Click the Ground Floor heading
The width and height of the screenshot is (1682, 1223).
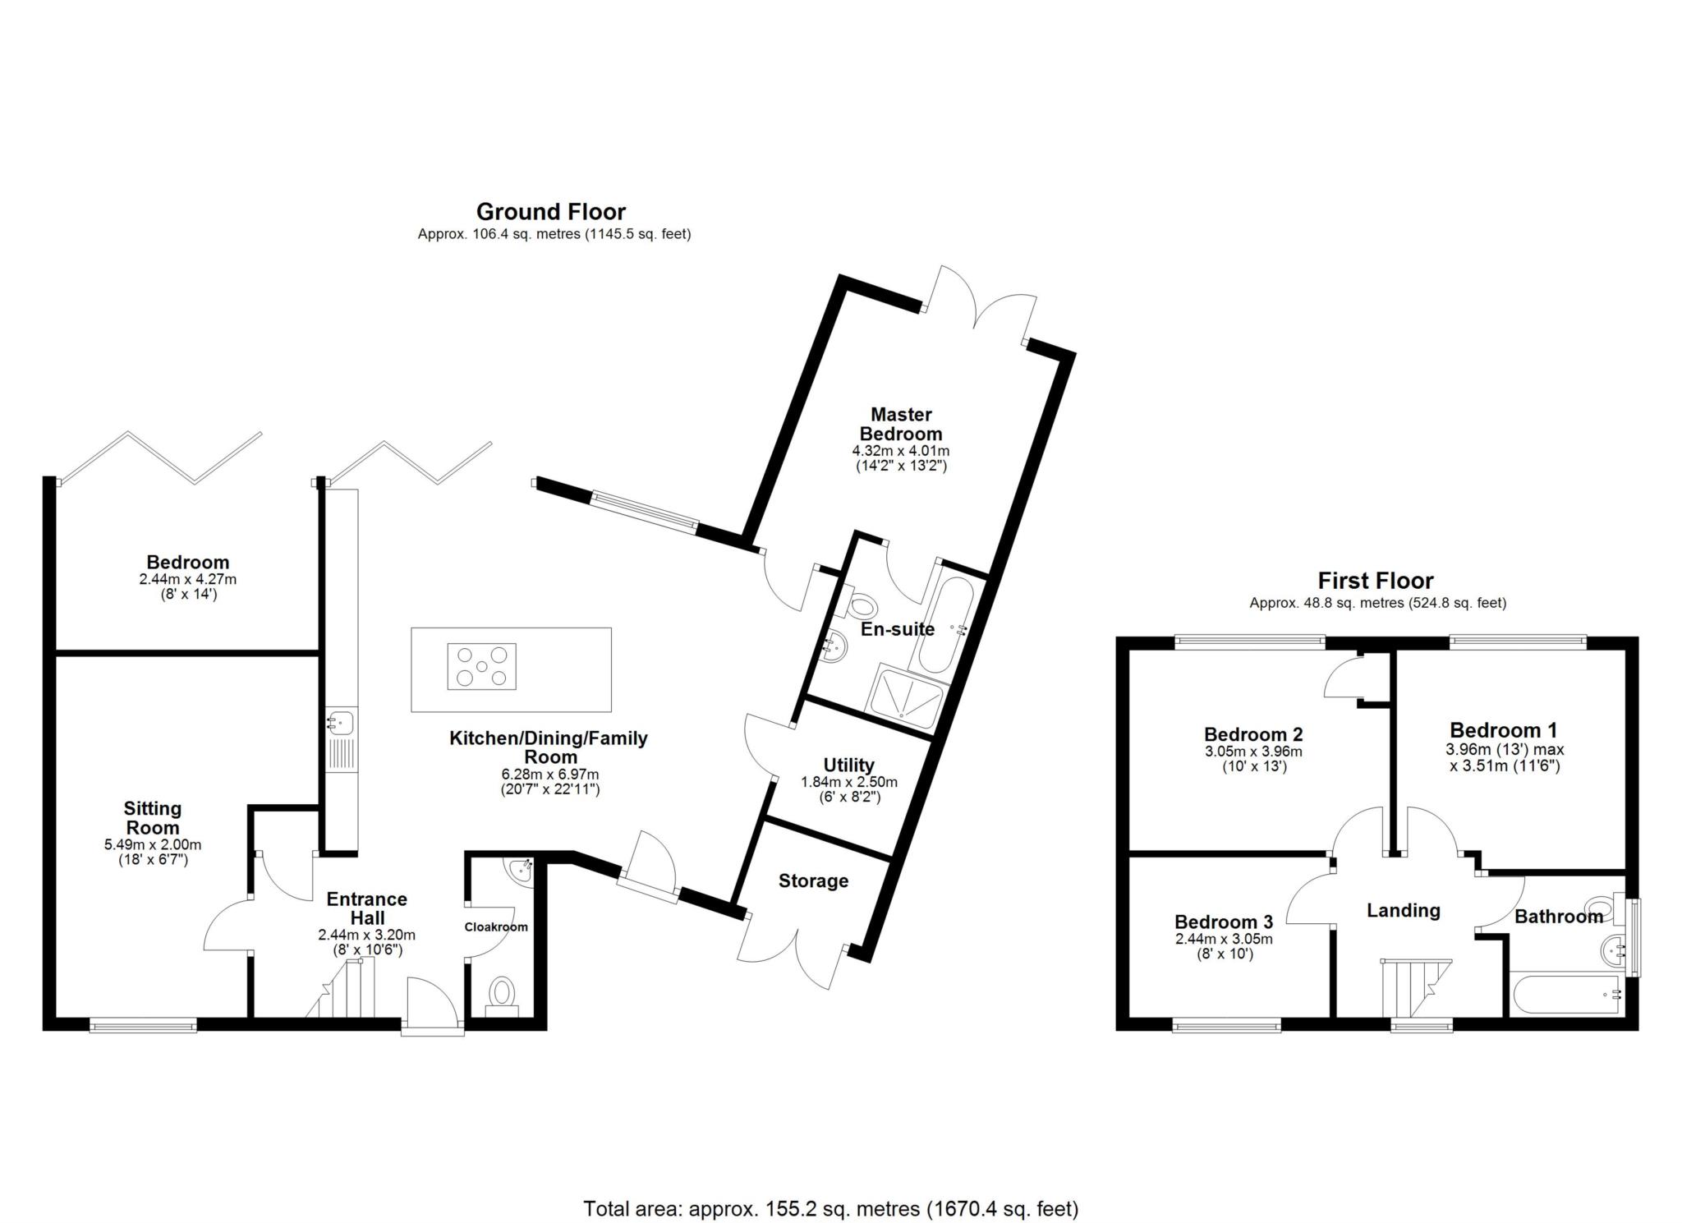coord(551,212)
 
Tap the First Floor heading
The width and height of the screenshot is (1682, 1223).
coord(1376,581)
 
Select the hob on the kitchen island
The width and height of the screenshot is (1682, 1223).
coord(482,666)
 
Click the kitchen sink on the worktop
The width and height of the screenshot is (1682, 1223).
coord(341,723)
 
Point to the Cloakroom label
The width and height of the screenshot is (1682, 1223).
coord(496,926)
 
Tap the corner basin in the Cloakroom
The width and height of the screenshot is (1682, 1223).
coord(520,871)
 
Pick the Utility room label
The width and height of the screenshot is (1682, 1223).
coord(849,766)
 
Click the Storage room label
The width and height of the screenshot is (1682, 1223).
coord(813,881)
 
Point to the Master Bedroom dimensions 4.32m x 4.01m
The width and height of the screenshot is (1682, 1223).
coord(901,451)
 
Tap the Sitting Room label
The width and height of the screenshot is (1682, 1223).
coord(153,818)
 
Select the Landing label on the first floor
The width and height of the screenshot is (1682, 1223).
coord(1404,910)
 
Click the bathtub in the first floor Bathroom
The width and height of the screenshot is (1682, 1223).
coord(1567,994)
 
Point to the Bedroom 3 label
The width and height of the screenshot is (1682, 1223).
coord(1224,922)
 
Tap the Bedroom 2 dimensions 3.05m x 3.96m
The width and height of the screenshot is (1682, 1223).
coord(1253,752)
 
